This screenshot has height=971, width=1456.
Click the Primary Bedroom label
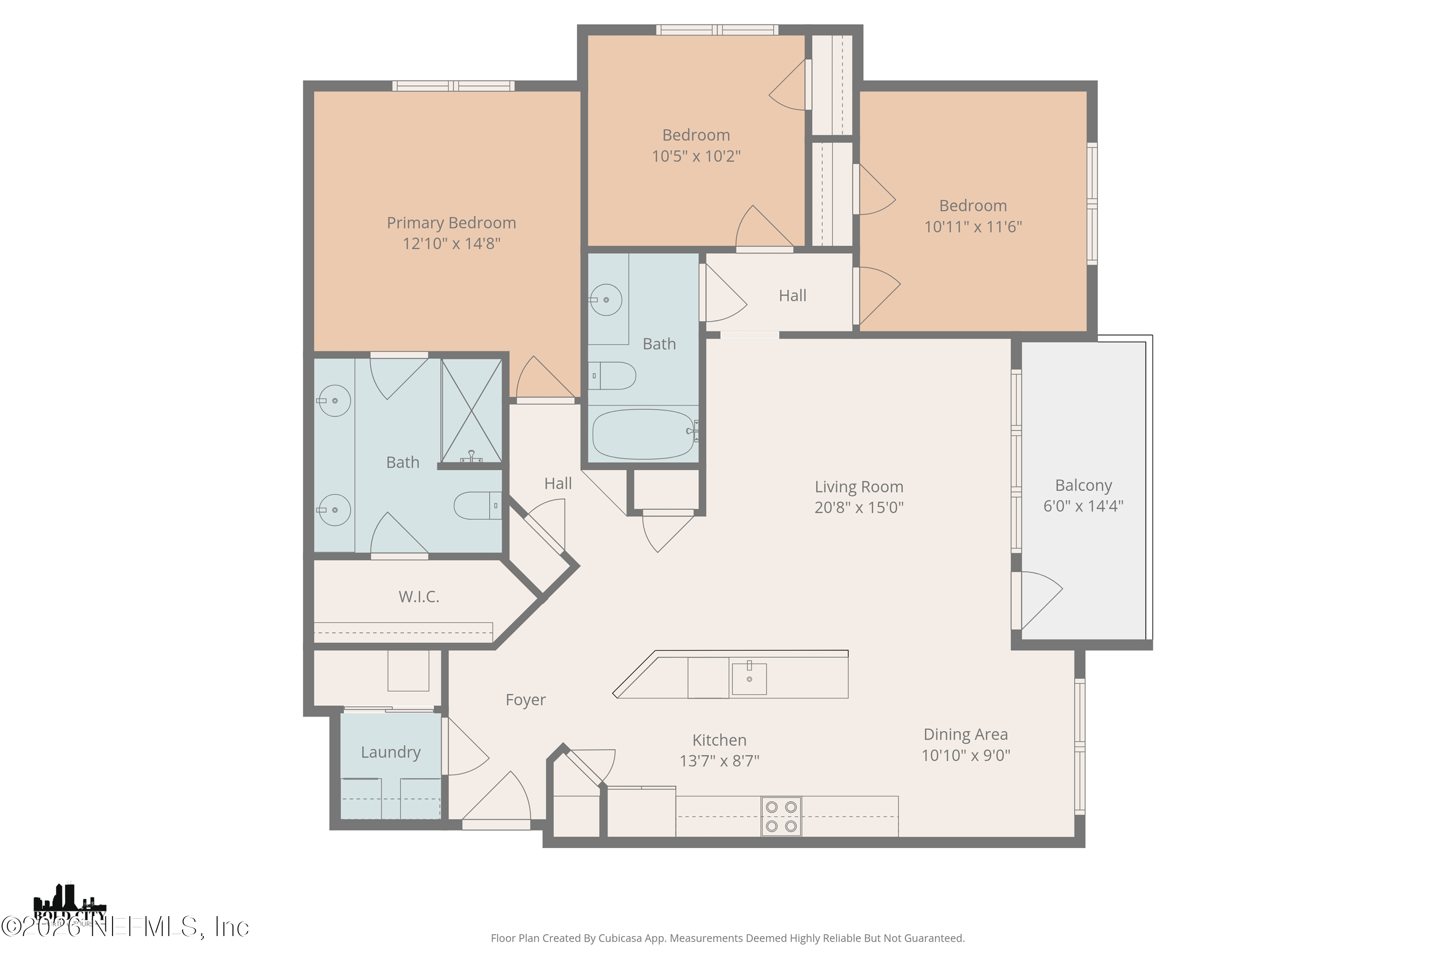pyautogui.click(x=451, y=223)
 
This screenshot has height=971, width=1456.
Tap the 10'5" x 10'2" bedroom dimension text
pyautogui.click(x=696, y=156)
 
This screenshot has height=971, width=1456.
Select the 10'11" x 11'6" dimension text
pyautogui.click(x=973, y=227)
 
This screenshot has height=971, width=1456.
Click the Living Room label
pyautogui.click(x=859, y=487)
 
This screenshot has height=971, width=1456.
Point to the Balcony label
pyautogui.click(x=1083, y=485)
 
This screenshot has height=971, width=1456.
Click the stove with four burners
pyautogui.click(x=781, y=816)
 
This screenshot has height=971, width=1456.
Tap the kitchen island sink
pyautogui.click(x=749, y=679)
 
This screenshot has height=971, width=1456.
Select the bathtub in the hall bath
pyautogui.click(x=643, y=434)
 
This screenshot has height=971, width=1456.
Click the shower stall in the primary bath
pyautogui.click(x=471, y=411)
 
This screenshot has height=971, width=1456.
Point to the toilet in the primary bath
pyautogui.click(x=477, y=506)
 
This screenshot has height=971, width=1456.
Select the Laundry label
pyautogui.click(x=391, y=752)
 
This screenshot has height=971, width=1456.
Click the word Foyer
pyautogui.click(x=525, y=700)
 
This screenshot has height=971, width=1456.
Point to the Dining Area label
pyautogui.click(x=965, y=735)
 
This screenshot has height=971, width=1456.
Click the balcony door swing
pyautogui.click(x=1040, y=600)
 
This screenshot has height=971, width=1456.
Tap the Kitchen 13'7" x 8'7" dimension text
pyautogui.click(x=719, y=760)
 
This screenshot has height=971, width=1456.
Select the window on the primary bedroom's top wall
pyautogui.click(x=453, y=86)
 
